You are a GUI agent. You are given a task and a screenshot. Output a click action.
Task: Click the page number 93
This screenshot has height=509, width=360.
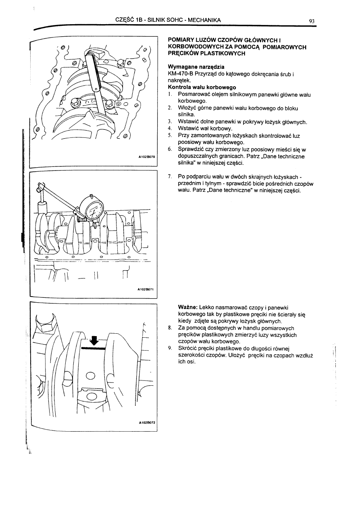312,21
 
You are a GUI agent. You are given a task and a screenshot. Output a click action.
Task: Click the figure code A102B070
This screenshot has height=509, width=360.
146,156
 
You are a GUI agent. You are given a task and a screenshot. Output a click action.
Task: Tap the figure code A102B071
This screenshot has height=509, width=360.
146,289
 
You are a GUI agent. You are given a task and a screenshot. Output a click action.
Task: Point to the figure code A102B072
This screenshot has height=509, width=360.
146,423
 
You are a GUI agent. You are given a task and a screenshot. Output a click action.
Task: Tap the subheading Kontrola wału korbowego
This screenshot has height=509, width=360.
202,87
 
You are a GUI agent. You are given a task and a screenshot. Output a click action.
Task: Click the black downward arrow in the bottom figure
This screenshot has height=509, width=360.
94,340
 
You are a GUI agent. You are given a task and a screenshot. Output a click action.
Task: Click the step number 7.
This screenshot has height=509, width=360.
170,177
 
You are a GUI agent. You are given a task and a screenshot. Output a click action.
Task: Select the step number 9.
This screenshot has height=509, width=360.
170,348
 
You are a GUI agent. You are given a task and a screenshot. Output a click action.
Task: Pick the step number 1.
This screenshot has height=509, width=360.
170,94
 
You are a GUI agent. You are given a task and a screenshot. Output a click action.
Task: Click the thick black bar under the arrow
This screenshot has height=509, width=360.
93,347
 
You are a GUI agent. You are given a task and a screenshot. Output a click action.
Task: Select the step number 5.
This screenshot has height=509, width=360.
170,136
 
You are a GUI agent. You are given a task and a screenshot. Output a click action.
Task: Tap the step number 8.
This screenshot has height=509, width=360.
170,328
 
